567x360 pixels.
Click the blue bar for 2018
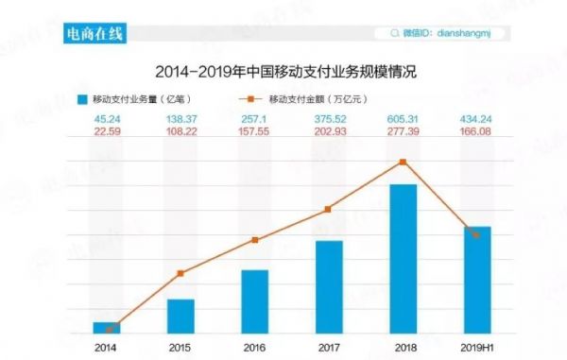(x=404, y=260)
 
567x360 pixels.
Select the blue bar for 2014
(x=107, y=328)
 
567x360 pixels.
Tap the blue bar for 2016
(x=255, y=302)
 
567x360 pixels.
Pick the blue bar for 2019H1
(x=478, y=281)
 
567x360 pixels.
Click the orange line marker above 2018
(x=404, y=162)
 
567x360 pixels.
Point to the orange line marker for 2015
(x=180, y=273)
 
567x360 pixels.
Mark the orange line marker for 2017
(x=329, y=209)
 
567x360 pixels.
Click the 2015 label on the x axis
(x=180, y=348)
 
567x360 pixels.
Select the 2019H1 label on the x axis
(x=478, y=348)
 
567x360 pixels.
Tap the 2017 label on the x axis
(x=329, y=348)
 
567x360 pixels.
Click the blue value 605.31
(x=404, y=119)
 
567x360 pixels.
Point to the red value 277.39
(x=404, y=133)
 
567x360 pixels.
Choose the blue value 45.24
(x=107, y=119)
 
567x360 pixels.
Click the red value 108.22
(x=180, y=133)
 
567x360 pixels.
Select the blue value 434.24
(x=478, y=119)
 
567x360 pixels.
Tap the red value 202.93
(x=329, y=133)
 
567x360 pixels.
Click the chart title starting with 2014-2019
(x=284, y=71)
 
